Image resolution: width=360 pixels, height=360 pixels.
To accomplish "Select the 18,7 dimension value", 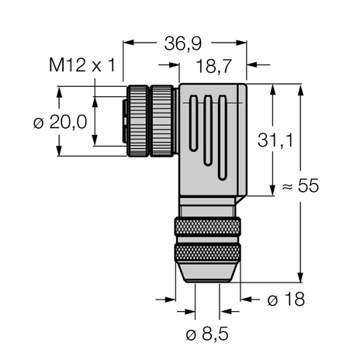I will (x=215, y=69).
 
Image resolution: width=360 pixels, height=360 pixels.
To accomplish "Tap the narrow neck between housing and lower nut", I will (x=206, y=208).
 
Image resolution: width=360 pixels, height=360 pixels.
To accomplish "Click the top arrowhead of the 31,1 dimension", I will (x=274, y=88).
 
